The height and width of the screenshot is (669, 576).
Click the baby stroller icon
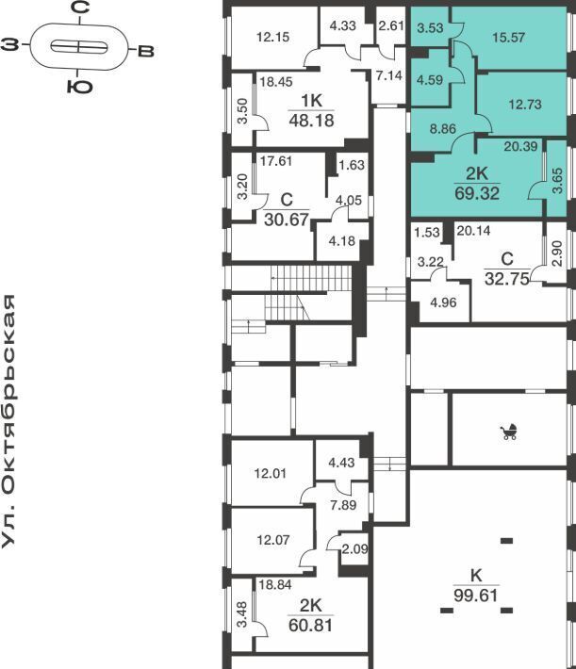[509, 432]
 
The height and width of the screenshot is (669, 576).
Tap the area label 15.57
[508, 38]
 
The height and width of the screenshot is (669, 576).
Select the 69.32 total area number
[477, 193]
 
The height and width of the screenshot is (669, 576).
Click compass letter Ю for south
[79, 87]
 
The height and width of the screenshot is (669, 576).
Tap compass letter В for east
[145, 51]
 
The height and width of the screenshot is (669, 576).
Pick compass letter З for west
[11, 44]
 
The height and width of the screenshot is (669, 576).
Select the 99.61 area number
[476, 596]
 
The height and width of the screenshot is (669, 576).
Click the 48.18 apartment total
[311, 121]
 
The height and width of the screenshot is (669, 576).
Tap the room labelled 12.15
[272, 37]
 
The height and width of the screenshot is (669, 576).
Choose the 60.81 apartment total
[310, 625]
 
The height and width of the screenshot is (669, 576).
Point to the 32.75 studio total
[507, 278]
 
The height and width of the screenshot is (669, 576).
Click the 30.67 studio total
[287, 220]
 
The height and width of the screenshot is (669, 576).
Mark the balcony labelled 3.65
[557, 181]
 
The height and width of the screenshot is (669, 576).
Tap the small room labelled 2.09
[355, 548]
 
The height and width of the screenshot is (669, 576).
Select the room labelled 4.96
[443, 302]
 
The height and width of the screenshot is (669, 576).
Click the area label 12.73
[525, 104]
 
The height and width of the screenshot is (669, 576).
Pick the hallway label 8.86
[443, 128]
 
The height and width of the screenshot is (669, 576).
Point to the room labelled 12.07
[273, 540]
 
